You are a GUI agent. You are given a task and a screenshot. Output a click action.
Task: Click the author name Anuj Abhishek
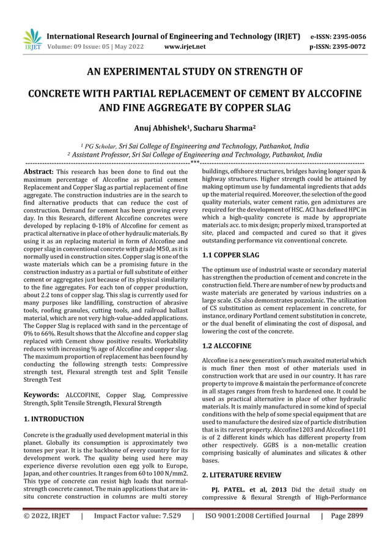coord(160,129)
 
